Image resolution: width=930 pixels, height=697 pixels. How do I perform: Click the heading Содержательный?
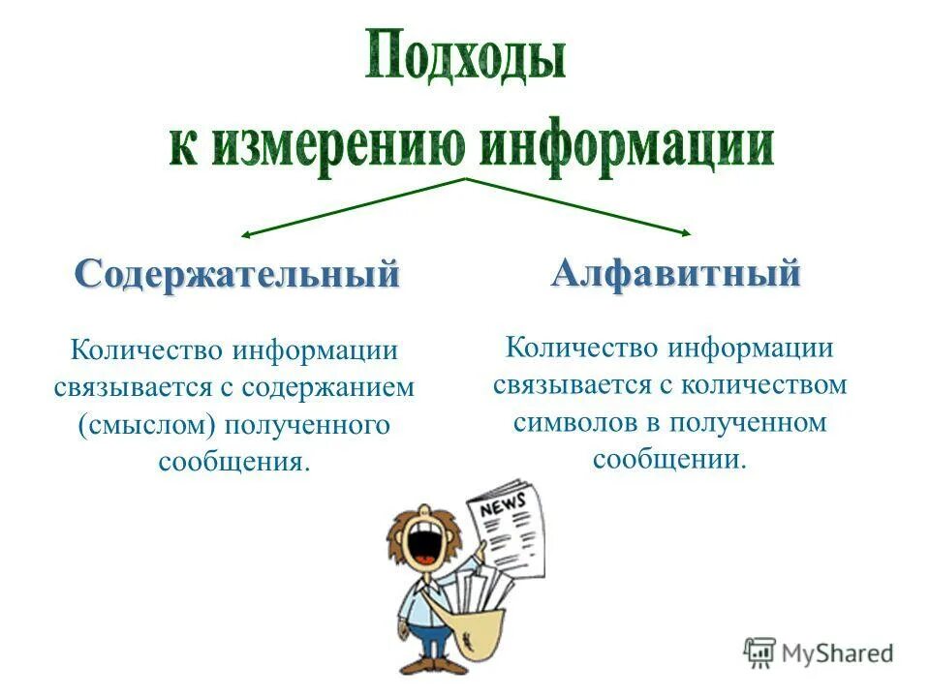tap(237, 274)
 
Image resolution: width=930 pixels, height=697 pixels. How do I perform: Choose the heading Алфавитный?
tap(676, 274)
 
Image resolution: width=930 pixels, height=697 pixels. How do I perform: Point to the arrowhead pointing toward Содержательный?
tap(247, 234)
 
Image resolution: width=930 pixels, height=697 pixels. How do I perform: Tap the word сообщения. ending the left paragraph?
tap(234, 461)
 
